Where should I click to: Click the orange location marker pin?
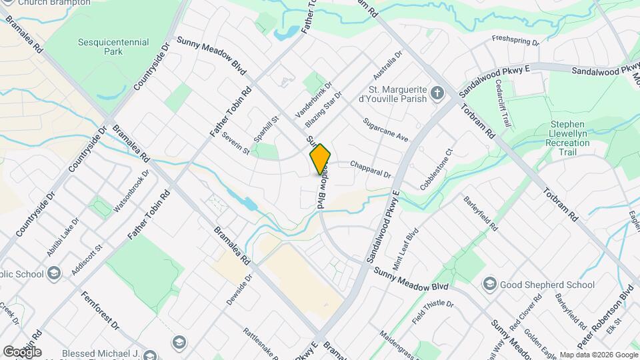pyautogui.click(x=320, y=159)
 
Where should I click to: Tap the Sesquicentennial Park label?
pyautogui.click(x=104, y=47)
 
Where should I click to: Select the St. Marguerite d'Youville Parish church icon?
pyautogui.click(x=437, y=93)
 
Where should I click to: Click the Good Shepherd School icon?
pyautogui.click(x=490, y=285)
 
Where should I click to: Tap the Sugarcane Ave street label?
pyautogui.click(x=385, y=129)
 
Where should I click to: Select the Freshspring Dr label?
pyautogui.click(x=515, y=41)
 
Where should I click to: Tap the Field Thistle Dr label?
pyautogui.click(x=433, y=312)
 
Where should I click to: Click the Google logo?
pyautogui.click(x=22, y=351)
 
